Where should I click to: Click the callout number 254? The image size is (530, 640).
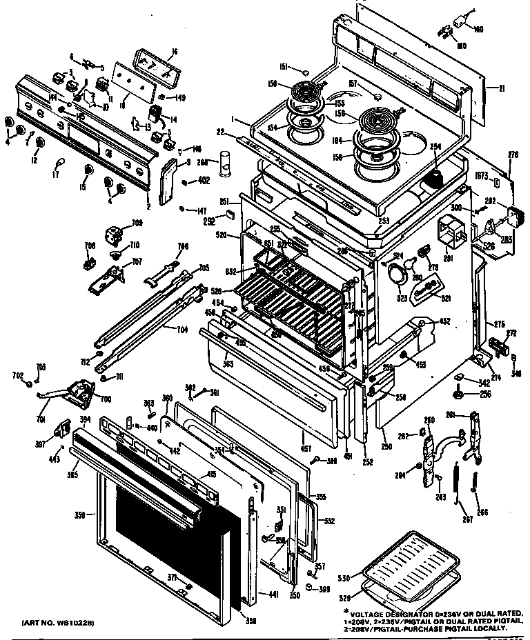(x=435, y=147)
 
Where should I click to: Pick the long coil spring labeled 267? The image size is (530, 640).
(x=457, y=490)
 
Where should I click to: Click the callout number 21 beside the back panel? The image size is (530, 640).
(x=502, y=88)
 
